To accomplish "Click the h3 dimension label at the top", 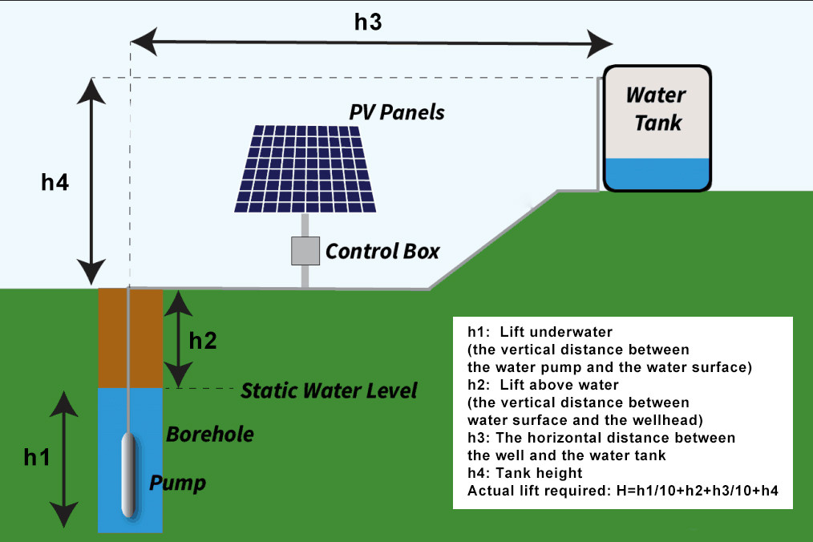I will coord(368,22).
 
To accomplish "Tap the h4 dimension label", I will coord(55,183).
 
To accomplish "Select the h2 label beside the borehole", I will coord(203,341).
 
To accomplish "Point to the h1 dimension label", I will coord(37,458).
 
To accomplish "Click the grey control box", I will coord(305,251).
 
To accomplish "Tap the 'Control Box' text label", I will coord(382,252).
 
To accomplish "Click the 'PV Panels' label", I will coord(396,111).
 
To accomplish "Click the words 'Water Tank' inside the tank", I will coord(656,108).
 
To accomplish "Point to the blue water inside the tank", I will coord(657,174).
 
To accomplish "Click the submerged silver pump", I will coord(129,474).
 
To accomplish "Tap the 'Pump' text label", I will coord(177,483).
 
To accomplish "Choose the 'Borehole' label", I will coord(210,435).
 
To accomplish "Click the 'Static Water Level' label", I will coord(329,390).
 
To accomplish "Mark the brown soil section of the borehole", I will coord(146,338).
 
